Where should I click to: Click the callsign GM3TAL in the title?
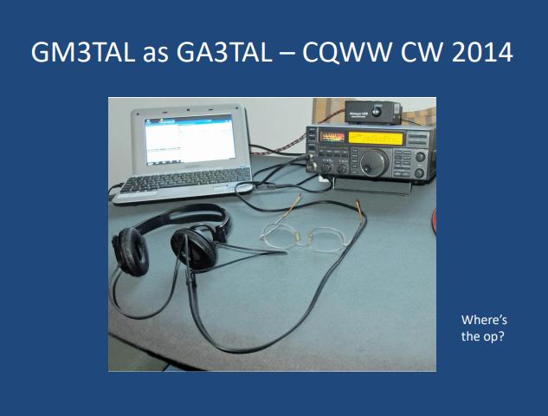(83, 52)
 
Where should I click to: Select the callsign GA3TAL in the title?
(224, 52)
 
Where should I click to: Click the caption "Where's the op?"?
(484, 328)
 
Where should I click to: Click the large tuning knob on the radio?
(374, 163)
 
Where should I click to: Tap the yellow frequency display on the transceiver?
(376, 138)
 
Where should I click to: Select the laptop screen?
(190, 140)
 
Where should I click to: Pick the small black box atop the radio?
(373, 112)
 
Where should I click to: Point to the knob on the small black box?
(377, 112)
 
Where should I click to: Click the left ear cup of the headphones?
(131, 250)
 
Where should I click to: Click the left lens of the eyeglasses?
(280, 236)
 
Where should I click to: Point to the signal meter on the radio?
(332, 137)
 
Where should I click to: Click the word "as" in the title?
(156, 55)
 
